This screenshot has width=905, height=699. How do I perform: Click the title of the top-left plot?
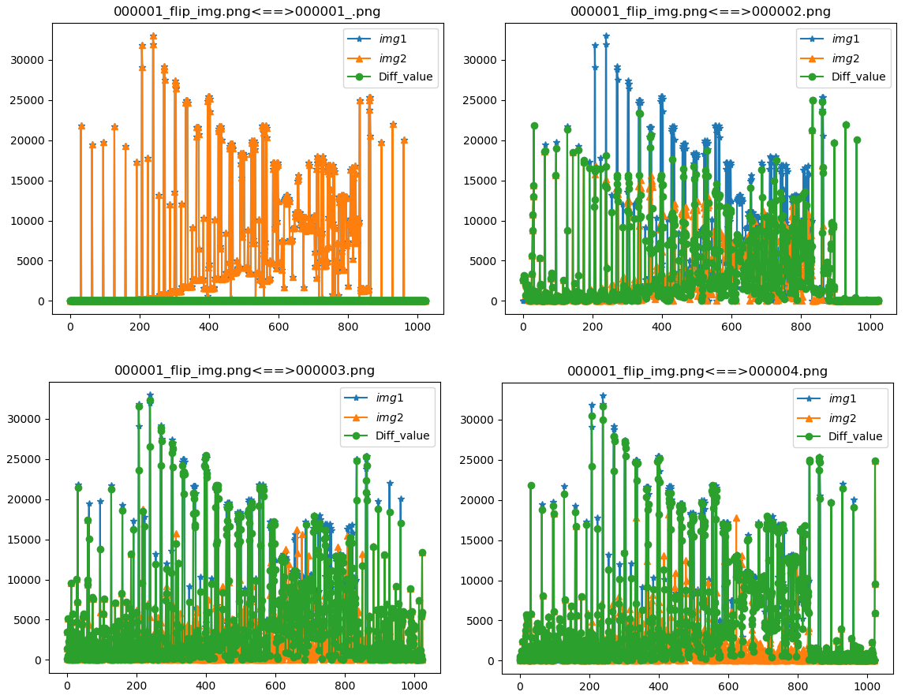[x=248, y=12]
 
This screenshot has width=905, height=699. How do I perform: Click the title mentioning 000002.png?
[x=701, y=12]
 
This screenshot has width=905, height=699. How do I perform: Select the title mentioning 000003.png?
[x=245, y=371]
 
